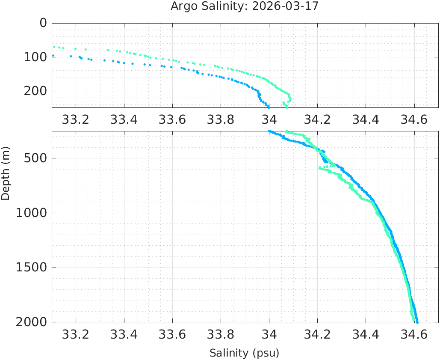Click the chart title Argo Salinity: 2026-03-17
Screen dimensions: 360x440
pyautogui.click(x=245, y=6)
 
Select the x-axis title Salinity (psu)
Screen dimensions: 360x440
pyautogui.click(x=244, y=353)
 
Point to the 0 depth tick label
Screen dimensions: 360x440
pyautogui.click(x=43, y=23)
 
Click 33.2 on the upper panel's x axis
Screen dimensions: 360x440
pyautogui.click(x=76, y=120)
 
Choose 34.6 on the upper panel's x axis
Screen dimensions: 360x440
pyautogui.click(x=414, y=120)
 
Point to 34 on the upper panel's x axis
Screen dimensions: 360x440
pyautogui.click(x=269, y=120)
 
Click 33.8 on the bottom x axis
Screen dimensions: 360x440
pyautogui.click(x=221, y=335)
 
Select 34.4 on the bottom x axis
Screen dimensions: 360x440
pyautogui.click(x=366, y=335)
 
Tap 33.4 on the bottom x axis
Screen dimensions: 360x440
pyautogui.click(x=124, y=335)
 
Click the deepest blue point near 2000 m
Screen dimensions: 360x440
pyautogui.click(x=417, y=322)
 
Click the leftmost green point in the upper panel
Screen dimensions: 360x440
pyautogui.click(x=54, y=47)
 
